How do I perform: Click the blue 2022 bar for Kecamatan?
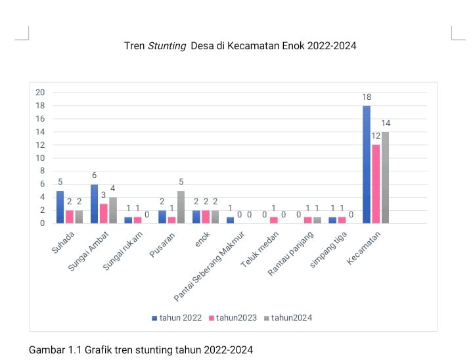point(367,164)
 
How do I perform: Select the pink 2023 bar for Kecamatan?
point(376,184)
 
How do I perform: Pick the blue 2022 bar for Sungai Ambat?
point(95,204)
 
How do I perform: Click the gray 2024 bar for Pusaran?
point(181,207)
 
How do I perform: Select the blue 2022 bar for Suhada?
point(60,207)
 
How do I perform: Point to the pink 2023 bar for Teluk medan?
point(274,220)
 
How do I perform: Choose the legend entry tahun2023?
point(231,317)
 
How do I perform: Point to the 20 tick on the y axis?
point(40,93)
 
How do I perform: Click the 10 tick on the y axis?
point(40,158)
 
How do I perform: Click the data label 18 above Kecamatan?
point(367,97)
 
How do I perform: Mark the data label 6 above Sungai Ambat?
point(95,175)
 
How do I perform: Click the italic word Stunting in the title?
point(167,46)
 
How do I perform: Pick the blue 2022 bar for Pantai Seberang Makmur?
point(230,220)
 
